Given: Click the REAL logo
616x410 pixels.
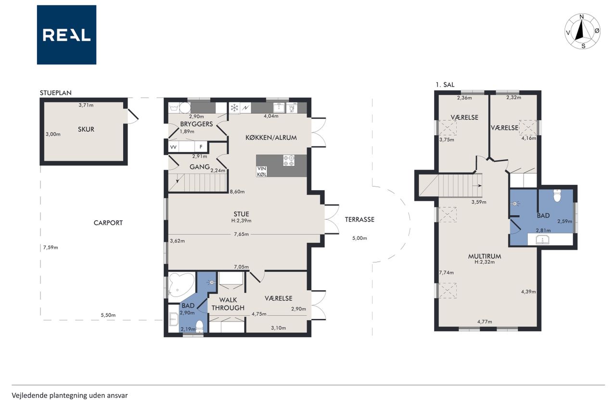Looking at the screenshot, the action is coord(66,35).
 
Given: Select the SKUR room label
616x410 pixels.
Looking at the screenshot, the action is coord(86,129).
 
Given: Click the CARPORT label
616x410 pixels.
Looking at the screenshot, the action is coord(108,223).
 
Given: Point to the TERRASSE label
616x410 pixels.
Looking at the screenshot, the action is coord(359,219).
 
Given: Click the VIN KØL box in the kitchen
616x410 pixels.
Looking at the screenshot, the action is coord(261,172).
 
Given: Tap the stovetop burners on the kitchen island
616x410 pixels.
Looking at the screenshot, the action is coord(289,161).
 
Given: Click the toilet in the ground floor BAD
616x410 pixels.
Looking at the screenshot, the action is coord(200,327).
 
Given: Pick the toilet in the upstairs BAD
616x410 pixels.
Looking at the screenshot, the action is coord(557,196).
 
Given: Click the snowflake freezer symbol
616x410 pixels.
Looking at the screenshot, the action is coord(234,108).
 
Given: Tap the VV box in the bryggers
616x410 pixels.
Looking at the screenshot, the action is coord(173,147).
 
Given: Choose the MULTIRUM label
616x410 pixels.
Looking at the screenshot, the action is coord(485,256).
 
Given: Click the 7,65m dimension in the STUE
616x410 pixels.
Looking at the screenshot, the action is coord(241,234).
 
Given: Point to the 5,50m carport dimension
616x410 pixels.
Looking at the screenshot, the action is coord(108,315).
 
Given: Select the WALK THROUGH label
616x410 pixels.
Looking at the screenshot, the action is coord(228,304).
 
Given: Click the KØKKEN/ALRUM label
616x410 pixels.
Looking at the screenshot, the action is coord(271,137).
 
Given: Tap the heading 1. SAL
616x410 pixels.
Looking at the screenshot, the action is coord(445,85).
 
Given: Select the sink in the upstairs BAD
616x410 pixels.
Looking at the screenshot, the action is coord(542,239).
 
